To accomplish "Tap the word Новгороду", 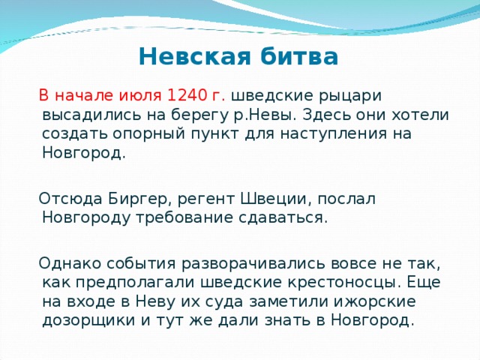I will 81,218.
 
